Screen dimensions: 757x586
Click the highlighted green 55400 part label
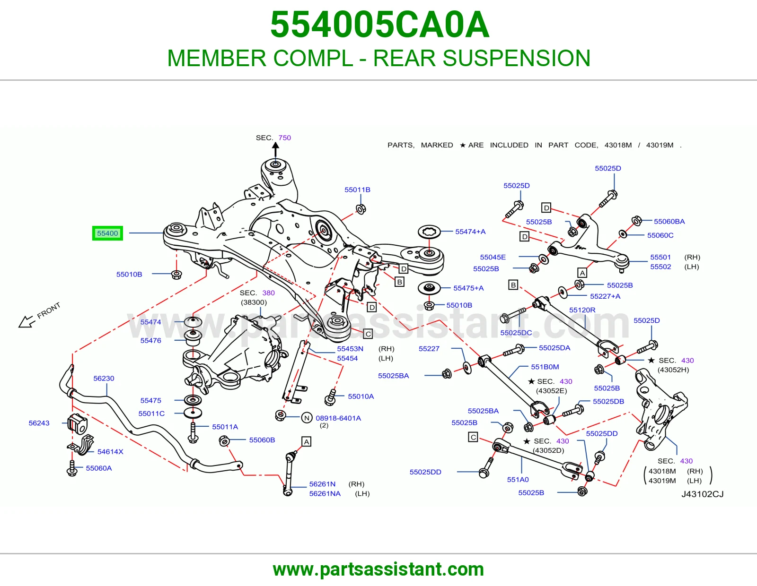click(x=107, y=233)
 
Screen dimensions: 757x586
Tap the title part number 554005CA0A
click(x=380, y=25)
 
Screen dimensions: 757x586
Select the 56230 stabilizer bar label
click(x=104, y=378)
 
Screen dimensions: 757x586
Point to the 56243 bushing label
click(x=39, y=423)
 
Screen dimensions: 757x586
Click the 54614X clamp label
click(x=110, y=452)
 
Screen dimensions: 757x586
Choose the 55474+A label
click(x=470, y=232)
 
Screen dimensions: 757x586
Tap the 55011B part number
click(x=357, y=190)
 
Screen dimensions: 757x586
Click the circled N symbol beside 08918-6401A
click(x=307, y=418)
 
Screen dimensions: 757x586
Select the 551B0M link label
click(x=545, y=367)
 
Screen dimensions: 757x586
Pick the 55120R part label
click(x=582, y=310)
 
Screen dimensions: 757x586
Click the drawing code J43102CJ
click(x=702, y=494)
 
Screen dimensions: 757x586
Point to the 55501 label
click(x=660, y=257)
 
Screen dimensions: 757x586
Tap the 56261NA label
click(x=325, y=493)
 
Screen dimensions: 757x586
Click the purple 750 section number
click(x=285, y=138)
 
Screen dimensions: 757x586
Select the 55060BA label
click(x=669, y=221)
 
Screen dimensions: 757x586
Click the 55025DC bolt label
click(x=516, y=333)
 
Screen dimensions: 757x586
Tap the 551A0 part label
click(x=518, y=480)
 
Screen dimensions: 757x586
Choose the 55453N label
click(x=350, y=349)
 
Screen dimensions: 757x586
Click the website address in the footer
click(x=378, y=569)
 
